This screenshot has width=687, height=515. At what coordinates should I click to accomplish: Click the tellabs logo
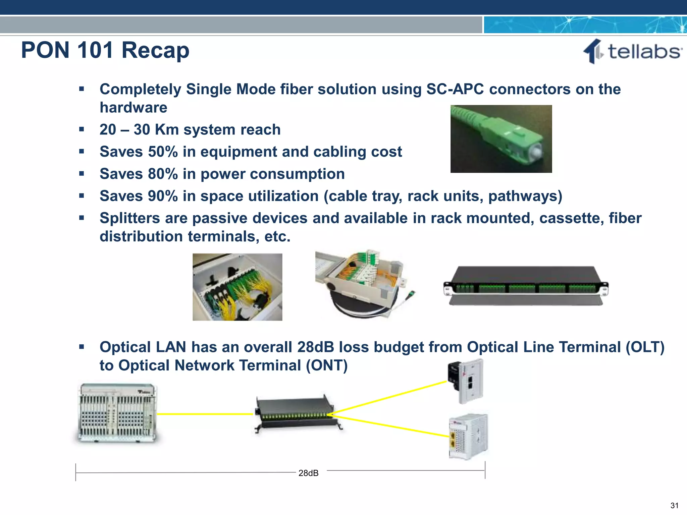click(x=633, y=52)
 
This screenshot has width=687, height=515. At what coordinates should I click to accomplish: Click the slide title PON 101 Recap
click(x=105, y=50)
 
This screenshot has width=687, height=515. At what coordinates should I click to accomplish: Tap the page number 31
click(x=674, y=505)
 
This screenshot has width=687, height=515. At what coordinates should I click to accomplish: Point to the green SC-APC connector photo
click(x=501, y=139)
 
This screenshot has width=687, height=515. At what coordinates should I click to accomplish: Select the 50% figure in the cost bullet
click(x=163, y=152)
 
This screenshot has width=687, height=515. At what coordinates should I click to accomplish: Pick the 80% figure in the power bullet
click(x=163, y=174)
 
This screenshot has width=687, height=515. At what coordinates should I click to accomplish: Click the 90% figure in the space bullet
click(x=163, y=196)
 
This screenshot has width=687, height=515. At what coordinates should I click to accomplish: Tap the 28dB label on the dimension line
click(x=308, y=473)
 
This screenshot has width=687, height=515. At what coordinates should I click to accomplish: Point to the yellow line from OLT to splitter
click(x=205, y=414)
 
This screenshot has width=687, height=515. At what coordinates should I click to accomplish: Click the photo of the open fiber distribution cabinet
click(x=237, y=287)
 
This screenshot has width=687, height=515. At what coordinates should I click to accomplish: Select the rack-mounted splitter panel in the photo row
click(x=526, y=285)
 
